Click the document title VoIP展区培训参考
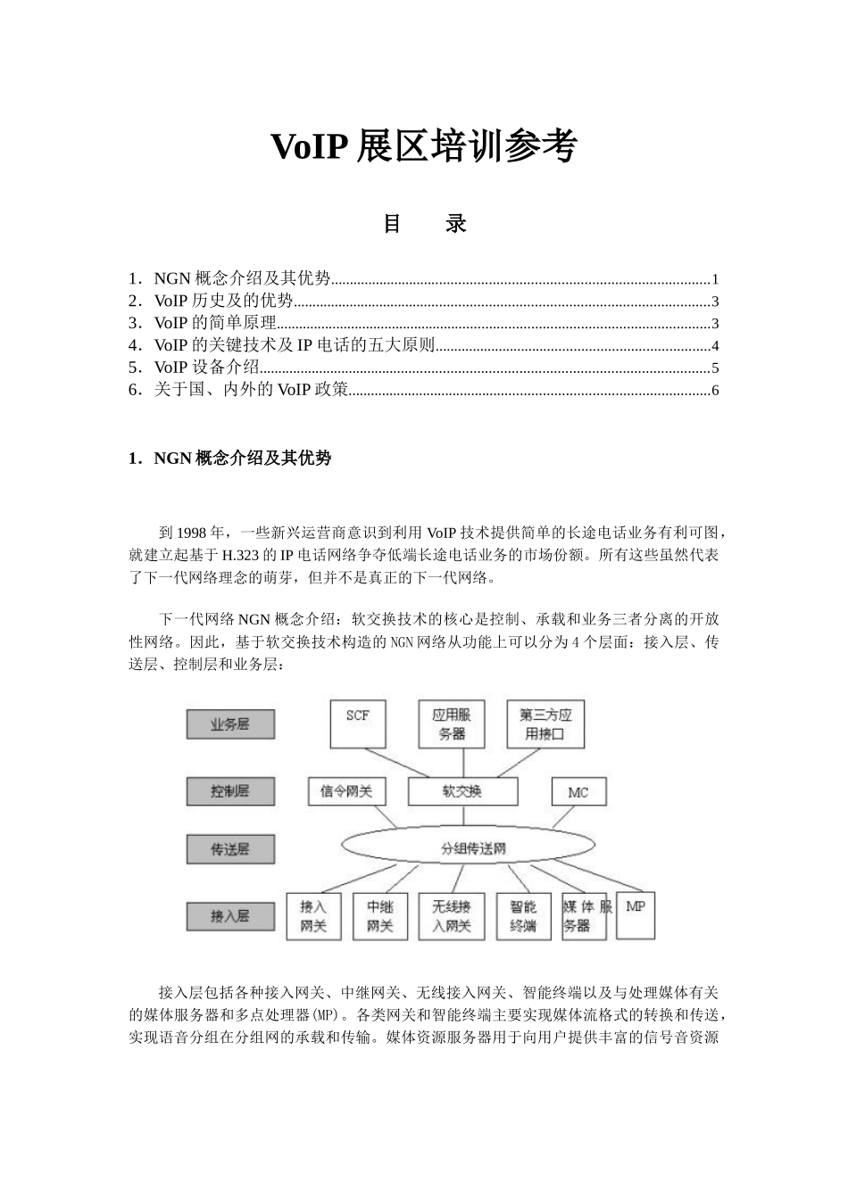[x=424, y=146]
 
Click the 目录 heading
[x=424, y=223]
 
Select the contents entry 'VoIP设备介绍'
[x=206, y=368]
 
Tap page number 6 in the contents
[x=715, y=391]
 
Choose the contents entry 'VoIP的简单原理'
[x=215, y=323]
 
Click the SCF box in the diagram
[x=356, y=724]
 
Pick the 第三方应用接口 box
[x=545, y=724]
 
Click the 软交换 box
[x=462, y=790]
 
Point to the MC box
[x=578, y=791]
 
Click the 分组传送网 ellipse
[x=473, y=848]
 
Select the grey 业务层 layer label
[x=229, y=724]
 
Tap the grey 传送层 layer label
[x=229, y=849]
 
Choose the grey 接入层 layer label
[x=229, y=916]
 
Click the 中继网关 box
[x=380, y=916]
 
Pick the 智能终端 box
[x=523, y=916]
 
